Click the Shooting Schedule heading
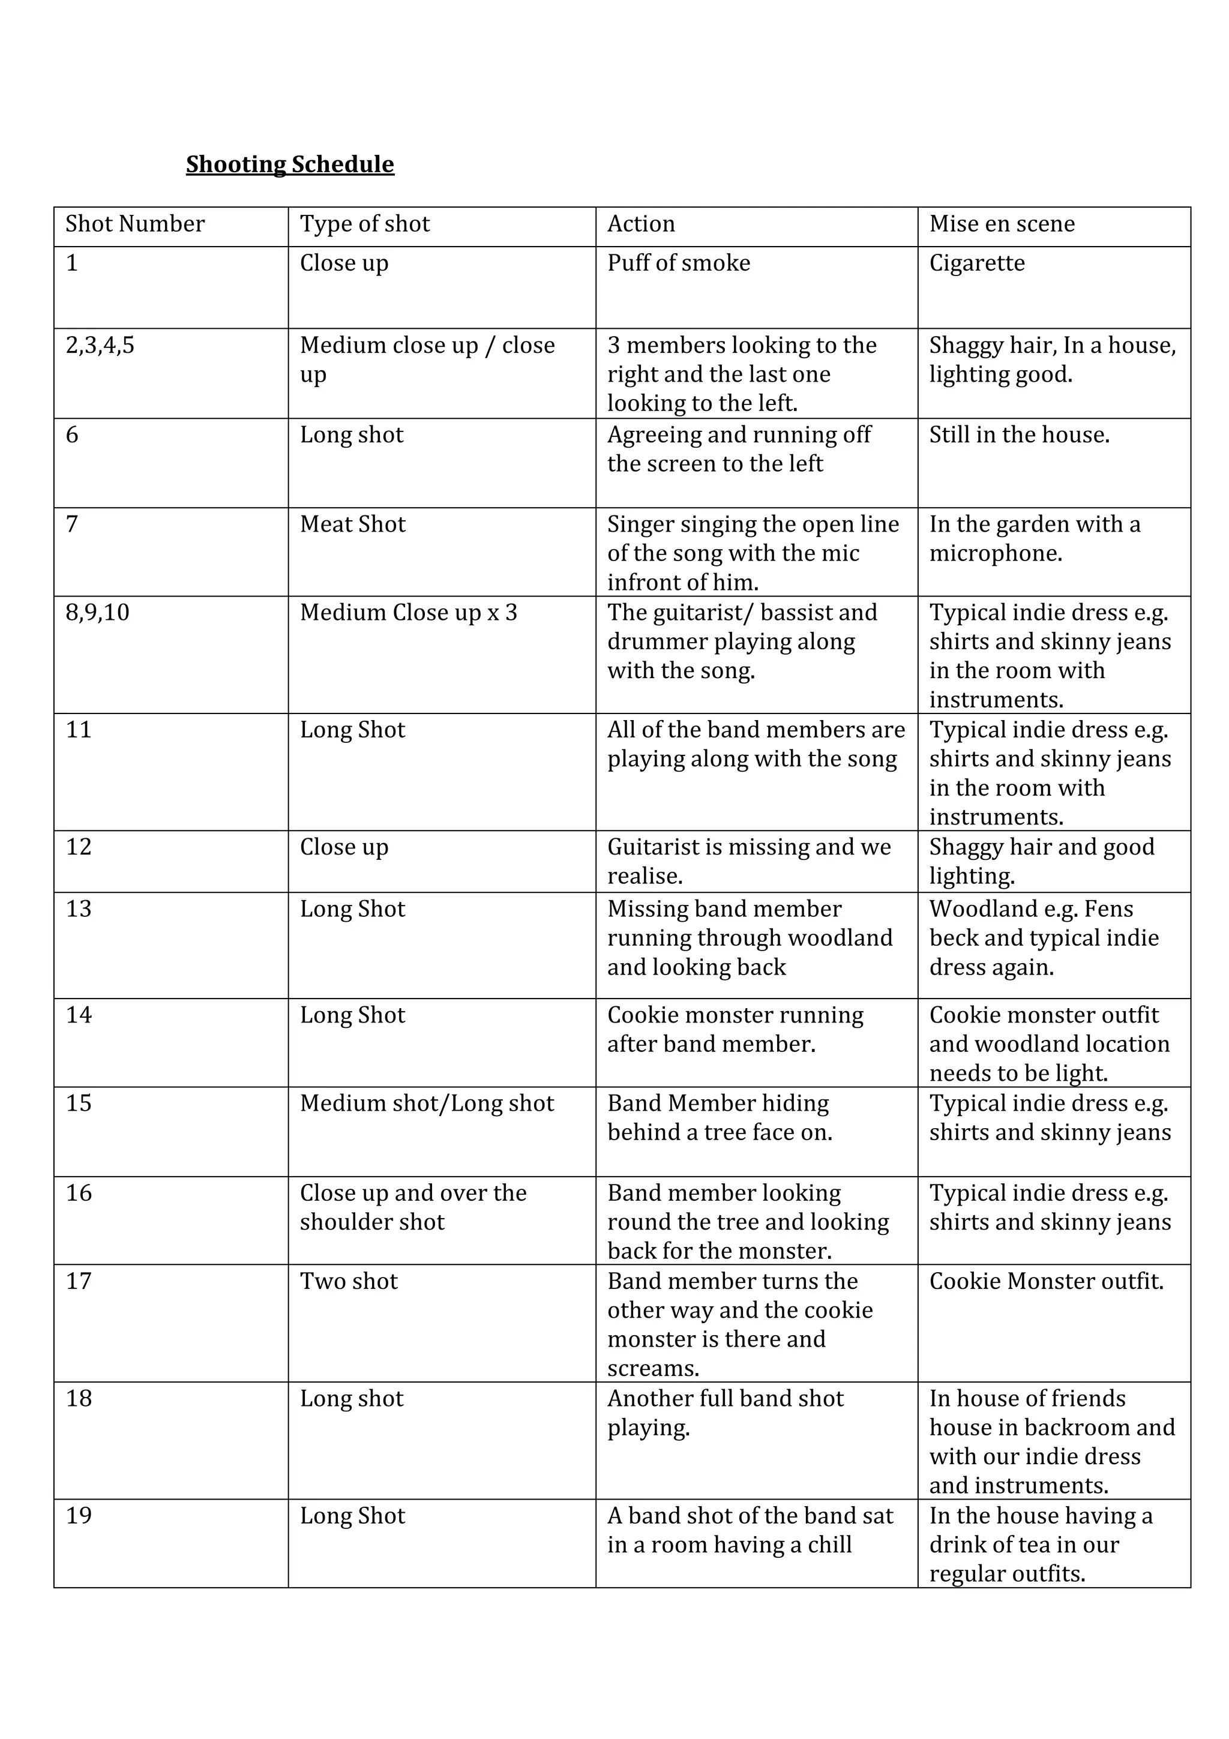(x=290, y=164)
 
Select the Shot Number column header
(x=135, y=224)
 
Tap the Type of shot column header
(x=364, y=224)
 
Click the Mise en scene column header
(x=1001, y=224)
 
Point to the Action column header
(x=641, y=224)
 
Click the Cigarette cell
(x=977, y=263)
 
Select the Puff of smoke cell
(x=679, y=263)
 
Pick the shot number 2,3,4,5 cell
(x=100, y=346)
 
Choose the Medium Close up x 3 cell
(x=408, y=613)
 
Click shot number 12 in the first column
(x=79, y=847)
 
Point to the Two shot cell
(x=348, y=1282)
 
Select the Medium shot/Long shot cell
(x=427, y=1104)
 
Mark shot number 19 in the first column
(x=79, y=1516)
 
